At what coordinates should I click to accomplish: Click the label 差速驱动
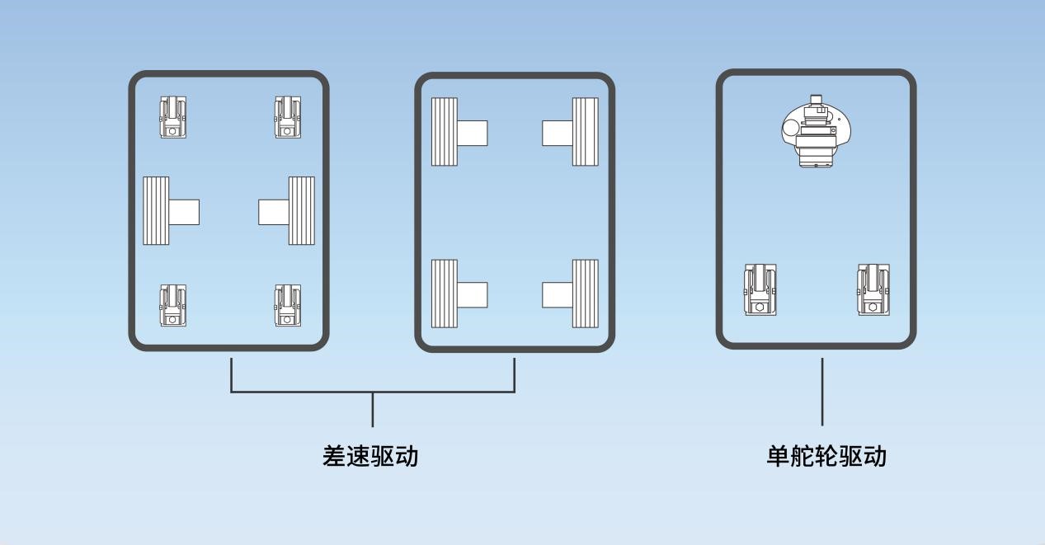370,456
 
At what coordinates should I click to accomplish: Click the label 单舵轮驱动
826,456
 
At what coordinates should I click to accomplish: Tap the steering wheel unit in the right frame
816,131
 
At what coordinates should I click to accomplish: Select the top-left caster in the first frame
172,117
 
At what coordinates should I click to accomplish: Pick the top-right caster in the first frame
287,117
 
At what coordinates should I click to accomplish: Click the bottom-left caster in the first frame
172,305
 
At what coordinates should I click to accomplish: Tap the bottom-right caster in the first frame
287,305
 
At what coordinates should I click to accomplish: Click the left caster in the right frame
760,289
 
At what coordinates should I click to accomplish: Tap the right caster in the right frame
873,289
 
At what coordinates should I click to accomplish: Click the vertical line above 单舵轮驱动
822,392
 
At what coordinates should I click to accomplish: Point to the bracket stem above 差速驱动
373,410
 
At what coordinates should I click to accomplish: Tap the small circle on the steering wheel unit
792,128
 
